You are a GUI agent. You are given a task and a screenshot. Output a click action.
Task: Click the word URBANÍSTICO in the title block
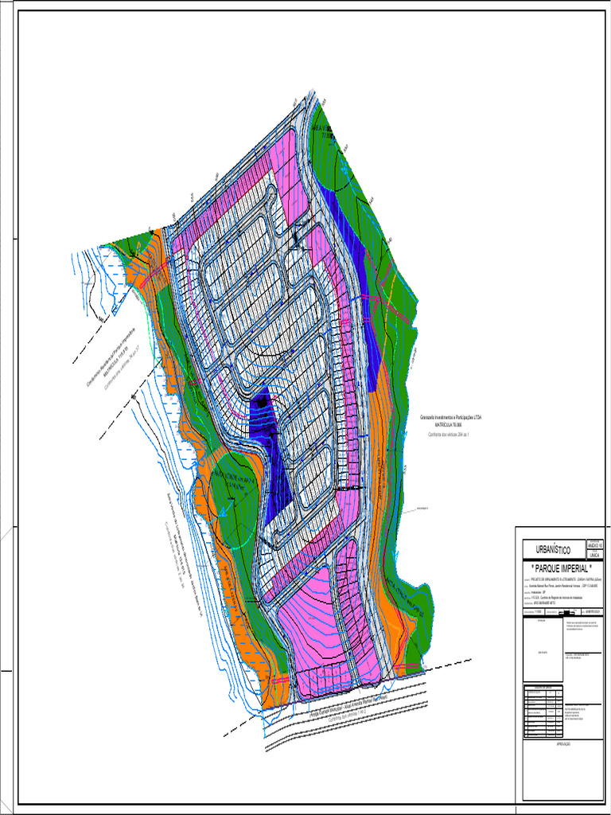(550, 550)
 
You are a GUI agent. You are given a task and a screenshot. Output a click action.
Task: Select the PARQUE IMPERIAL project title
(560, 569)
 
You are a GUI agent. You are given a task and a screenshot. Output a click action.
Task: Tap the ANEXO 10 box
(594, 544)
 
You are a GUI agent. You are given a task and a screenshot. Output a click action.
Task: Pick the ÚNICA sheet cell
(594, 555)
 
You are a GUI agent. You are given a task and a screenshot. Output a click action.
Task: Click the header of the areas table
(543, 686)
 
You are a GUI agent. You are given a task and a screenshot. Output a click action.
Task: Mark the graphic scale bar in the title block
(570, 612)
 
